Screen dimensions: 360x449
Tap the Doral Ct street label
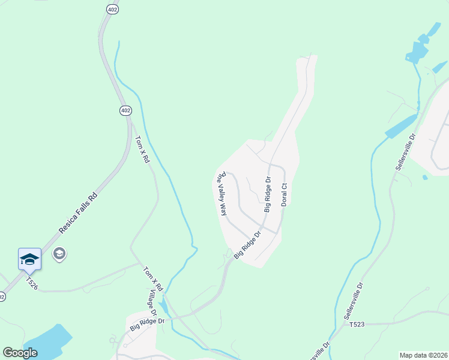[x=285, y=195]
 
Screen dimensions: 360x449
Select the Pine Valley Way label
[x=221, y=194]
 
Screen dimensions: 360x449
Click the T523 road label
[x=357, y=325]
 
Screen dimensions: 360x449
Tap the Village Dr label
[x=153, y=305]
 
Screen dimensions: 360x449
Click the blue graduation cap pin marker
[x=29, y=260]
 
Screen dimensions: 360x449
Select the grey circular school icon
[x=59, y=254]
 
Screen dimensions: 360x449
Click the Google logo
[x=20, y=353]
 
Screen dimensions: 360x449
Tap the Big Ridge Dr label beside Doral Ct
[x=268, y=194]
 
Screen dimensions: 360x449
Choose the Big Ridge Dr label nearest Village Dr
[x=147, y=325]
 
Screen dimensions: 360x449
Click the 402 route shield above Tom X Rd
[x=125, y=111]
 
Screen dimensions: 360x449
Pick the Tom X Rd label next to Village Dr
[x=152, y=280]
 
